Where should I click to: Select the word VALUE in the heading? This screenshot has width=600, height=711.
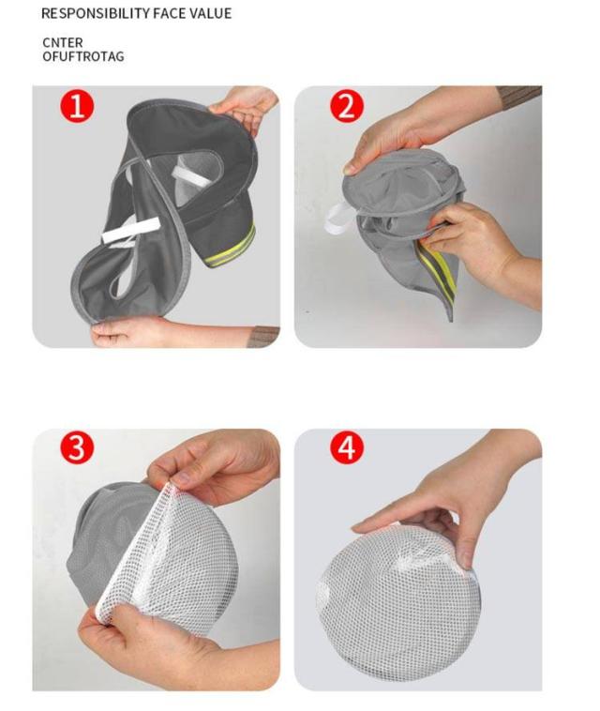pyautogui.click(x=210, y=14)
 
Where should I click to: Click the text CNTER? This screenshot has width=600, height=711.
pyautogui.click(x=63, y=42)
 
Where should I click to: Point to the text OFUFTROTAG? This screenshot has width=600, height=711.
pyautogui.click(x=82, y=56)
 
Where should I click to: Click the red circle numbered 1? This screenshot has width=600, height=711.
pyautogui.click(x=77, y=107)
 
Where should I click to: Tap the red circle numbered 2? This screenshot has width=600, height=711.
pyautogui.click(x=346, y=107)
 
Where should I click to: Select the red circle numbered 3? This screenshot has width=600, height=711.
pyautogui.click(x=77, y=447)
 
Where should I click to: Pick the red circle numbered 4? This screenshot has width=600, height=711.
pyautogui.click(x=346, y=447)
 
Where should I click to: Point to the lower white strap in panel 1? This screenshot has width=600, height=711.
pyautogui.click(x=131, y=230)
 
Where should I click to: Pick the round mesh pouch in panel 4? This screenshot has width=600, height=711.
pyautogui.click(x=397, y=594)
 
